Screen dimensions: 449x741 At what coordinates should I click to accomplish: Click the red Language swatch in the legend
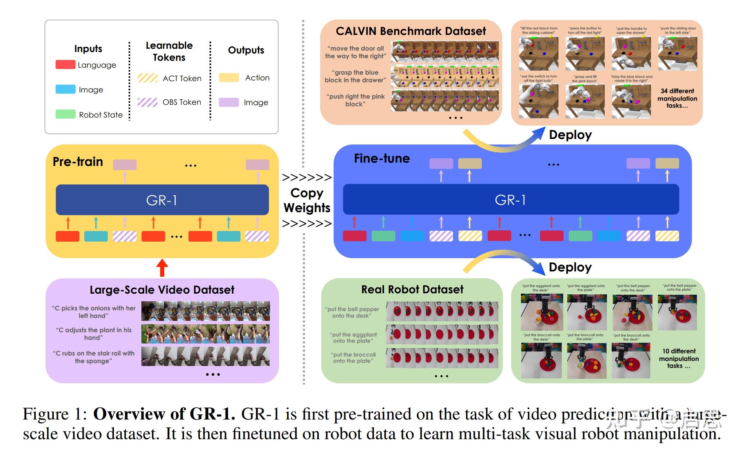click(x=65, y=65)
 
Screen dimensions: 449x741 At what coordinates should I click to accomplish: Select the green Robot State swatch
click(x=65, y=114)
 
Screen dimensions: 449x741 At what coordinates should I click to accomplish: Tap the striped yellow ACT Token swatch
click(x=148, y=78)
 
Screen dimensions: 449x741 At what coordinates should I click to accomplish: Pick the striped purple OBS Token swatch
click(x=148, y=102)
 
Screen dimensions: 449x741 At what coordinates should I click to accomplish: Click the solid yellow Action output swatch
click(x=229, y=78)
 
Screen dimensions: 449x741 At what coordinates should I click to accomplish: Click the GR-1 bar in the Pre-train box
click(x=162, y=200)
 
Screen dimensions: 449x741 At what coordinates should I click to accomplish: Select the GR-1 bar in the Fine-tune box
click(x=511, y=200)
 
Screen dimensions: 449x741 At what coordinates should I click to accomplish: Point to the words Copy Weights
click(x=307, y=200)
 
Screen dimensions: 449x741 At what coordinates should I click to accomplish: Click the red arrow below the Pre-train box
click(x=162, y=268)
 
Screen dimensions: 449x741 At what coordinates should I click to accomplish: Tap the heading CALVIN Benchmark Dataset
click(x=411, y=31)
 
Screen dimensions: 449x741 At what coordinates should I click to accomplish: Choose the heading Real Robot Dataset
click(x=412, y=290)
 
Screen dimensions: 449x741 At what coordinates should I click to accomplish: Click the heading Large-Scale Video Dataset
click(x=162, y=290)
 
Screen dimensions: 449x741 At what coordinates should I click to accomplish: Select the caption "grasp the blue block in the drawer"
click(x=355, y=76)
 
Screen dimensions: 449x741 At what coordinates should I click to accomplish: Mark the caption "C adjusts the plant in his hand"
click(x=94, y=334)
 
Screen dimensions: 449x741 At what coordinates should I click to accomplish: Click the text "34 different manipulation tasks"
click(x=677, y=98)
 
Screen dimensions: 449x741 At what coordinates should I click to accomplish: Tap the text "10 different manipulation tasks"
click(x=679, y=358)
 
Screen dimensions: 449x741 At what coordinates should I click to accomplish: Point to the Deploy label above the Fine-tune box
click(x=570, y=135)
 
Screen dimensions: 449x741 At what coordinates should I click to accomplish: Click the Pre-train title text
click(x=78, y=162)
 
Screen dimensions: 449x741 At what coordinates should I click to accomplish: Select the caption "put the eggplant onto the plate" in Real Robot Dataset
click(x=353, y=338)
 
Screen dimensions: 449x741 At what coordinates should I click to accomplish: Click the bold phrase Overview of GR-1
click(x=164, y=414)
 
